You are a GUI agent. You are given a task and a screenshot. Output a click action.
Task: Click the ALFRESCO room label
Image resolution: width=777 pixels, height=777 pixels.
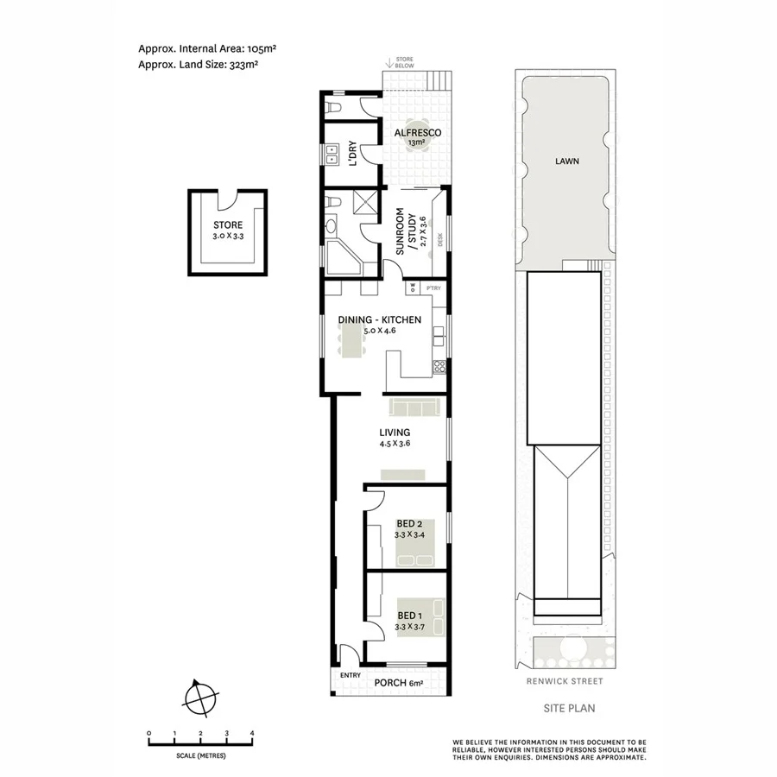[418, 132]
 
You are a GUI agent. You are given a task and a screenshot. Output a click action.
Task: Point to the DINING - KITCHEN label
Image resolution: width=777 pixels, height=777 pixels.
[379, 319]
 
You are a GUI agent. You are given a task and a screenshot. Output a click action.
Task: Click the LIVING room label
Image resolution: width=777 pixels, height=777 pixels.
[394, 433]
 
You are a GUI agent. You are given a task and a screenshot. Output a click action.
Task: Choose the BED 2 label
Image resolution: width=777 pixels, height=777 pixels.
[409, 523]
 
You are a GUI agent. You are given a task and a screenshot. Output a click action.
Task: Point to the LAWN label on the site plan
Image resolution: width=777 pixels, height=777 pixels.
[567, 161]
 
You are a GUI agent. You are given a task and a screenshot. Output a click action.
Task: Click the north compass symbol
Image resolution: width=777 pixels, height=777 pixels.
[200, 695]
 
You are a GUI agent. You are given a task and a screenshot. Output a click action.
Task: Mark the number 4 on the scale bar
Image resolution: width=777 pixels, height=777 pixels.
[251, 734]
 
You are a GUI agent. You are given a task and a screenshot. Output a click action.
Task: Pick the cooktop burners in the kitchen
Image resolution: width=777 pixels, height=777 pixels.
[439, 366]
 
